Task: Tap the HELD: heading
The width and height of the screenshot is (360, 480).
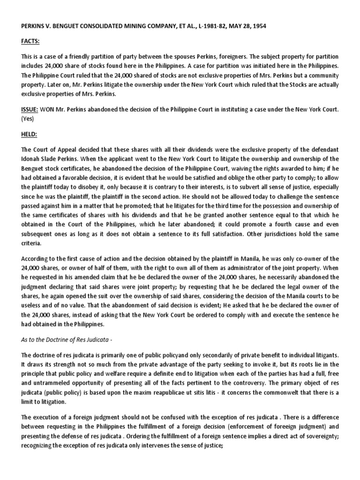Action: tap(28, 135)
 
